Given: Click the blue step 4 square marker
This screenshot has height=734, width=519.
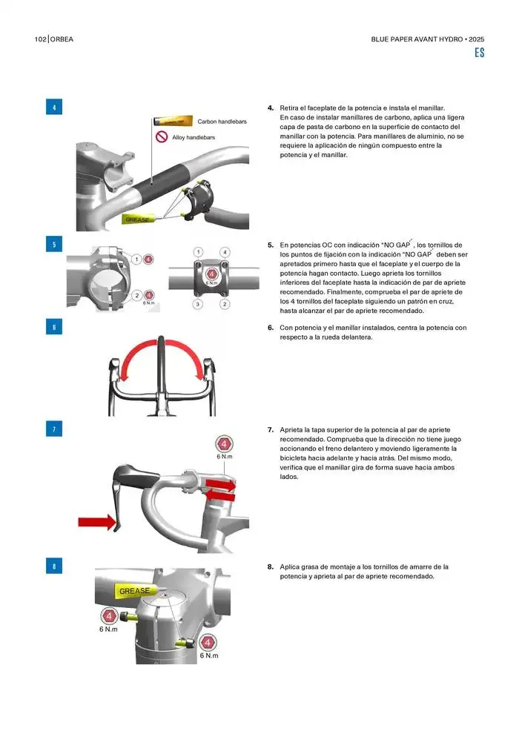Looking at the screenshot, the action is (54, 108).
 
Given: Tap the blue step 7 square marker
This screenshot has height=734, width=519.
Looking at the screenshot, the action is (54, 429).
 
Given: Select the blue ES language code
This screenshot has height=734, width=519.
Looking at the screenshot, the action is (479, 53).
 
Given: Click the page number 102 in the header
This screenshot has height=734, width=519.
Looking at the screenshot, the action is (40, 39).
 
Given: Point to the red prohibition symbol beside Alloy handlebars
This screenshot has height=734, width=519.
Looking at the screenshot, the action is (162, 136).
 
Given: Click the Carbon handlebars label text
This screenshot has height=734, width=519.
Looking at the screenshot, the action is (222, 122).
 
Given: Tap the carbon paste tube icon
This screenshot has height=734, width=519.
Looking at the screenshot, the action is (173, 122).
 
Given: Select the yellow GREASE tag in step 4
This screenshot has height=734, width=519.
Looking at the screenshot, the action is (139, 219).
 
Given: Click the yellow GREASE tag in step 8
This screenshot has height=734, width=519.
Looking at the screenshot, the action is (135, 591).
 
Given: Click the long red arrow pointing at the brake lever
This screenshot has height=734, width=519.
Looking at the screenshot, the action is (96, 521).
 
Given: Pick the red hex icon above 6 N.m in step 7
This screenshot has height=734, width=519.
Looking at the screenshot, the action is (224, 444).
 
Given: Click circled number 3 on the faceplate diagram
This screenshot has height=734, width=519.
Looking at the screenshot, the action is (197, 304).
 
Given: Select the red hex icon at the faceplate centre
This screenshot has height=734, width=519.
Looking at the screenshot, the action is (211, 274).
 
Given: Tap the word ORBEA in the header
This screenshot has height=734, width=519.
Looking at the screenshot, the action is (62, 39).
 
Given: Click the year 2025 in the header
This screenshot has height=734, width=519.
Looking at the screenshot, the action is (477, 39).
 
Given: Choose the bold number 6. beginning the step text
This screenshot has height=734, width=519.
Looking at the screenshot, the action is (271, 328).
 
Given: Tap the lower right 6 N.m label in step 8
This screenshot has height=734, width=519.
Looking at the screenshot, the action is (209, 655).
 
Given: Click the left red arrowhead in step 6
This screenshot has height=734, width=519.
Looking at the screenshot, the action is (124, 375).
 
